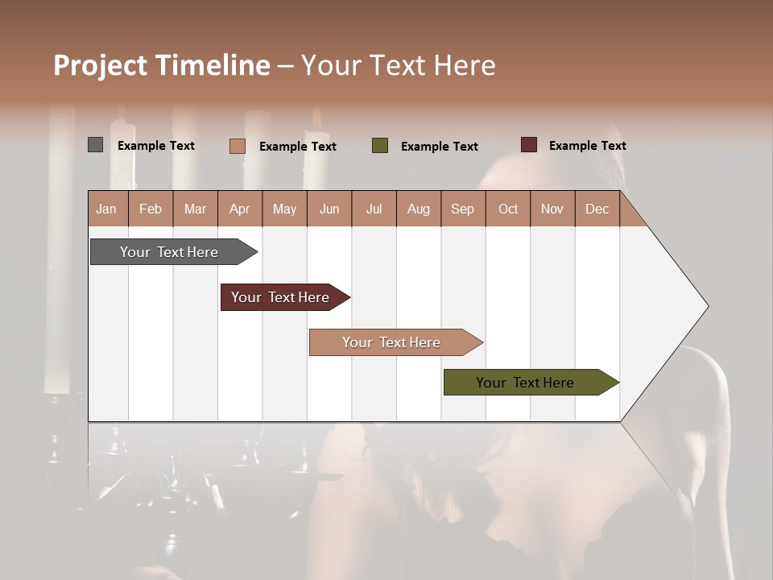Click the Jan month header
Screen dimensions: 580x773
[106, 209]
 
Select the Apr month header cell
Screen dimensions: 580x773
[239, 209]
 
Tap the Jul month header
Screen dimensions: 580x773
[374, 209]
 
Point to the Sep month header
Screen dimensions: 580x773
[462, 209]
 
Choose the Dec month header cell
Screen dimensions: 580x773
[597, 209]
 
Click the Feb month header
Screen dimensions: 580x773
[151, 209]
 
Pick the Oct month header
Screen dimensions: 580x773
[508, 209]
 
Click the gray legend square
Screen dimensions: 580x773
[95, 145]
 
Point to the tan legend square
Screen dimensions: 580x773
[237, 146]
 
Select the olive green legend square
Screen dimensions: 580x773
[380, 146]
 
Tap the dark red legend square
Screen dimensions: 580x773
[528, 145]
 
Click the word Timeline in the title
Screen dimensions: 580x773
[213, 65]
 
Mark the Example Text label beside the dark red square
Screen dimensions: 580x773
[587, 146]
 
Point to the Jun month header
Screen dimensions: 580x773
[329, 209]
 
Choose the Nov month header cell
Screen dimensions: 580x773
[552, 209]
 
